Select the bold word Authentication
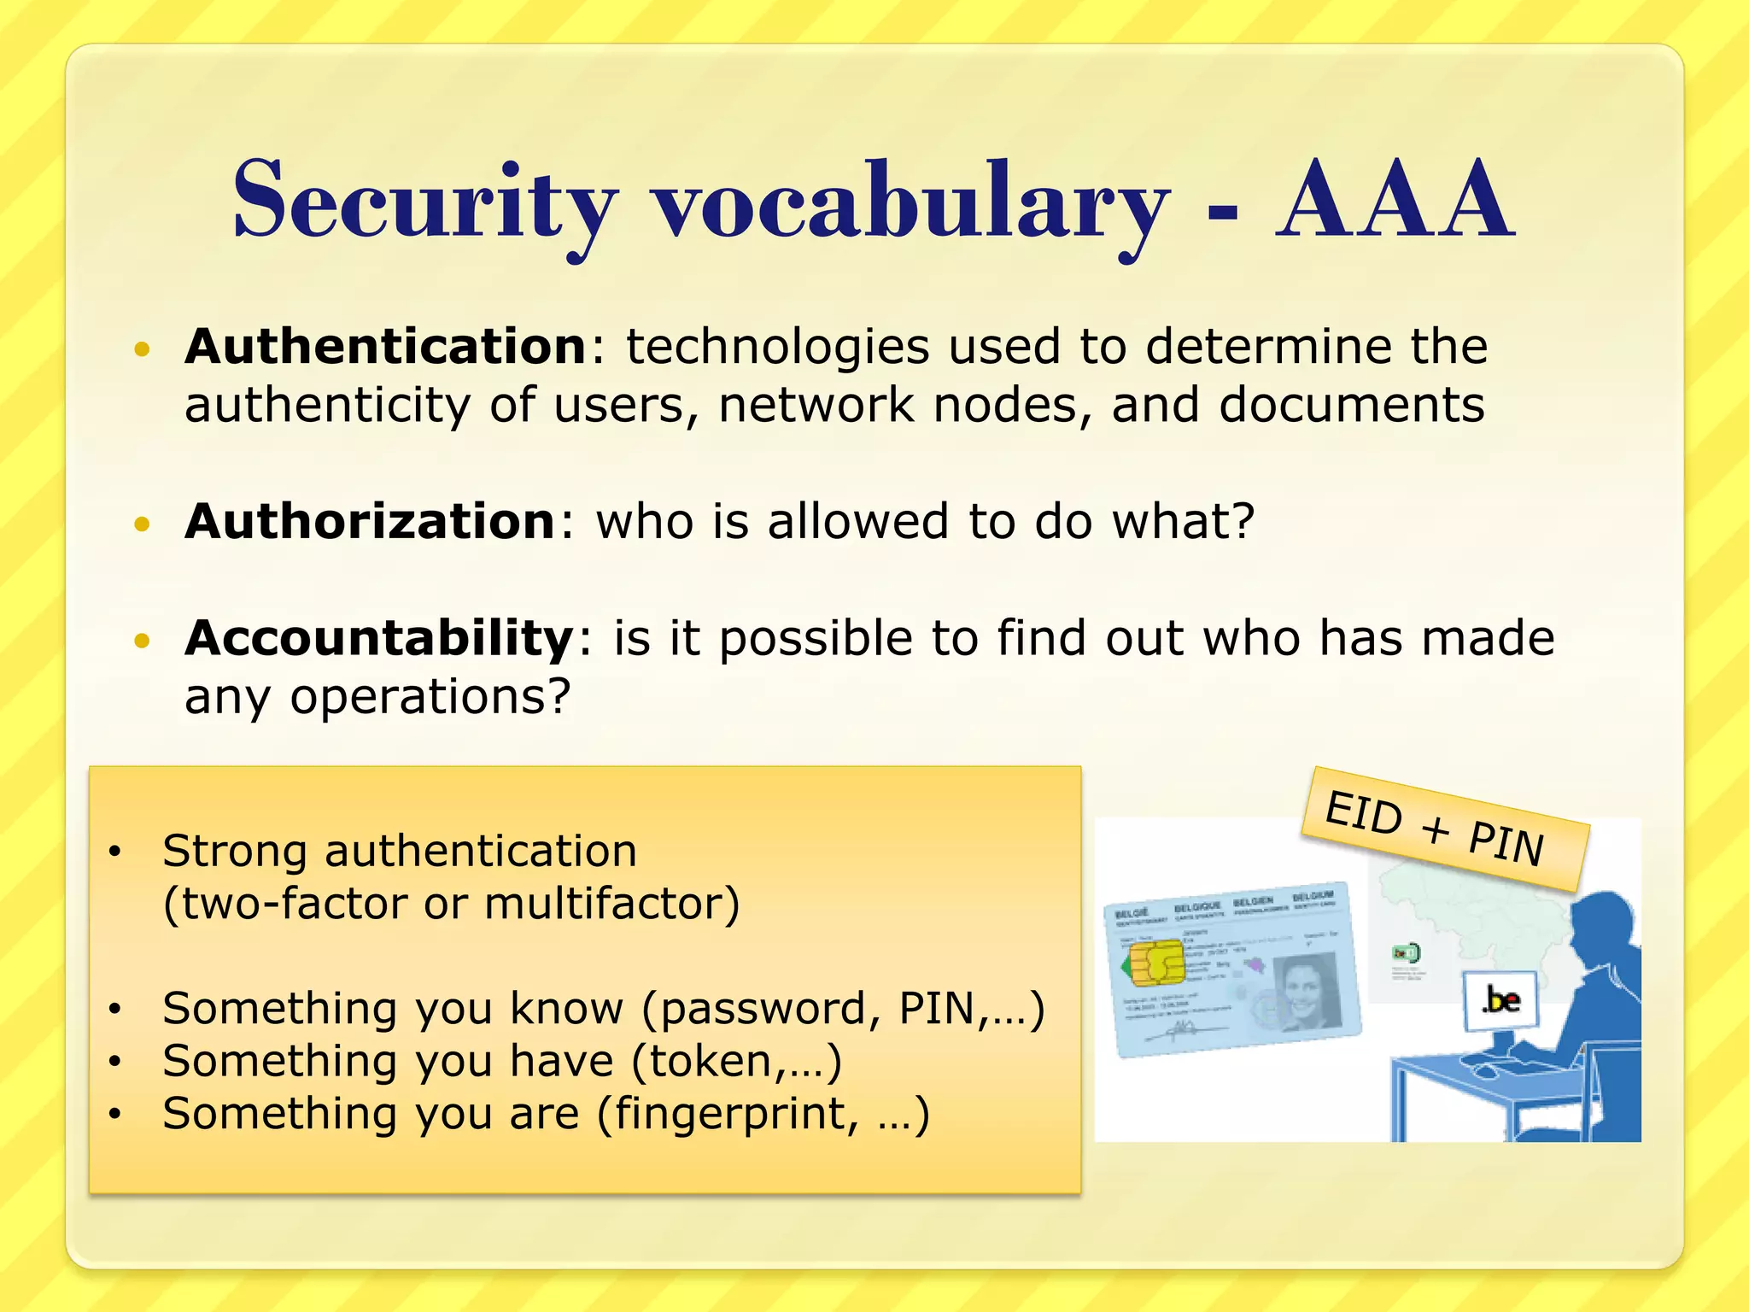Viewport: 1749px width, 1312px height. (x=385, y=347)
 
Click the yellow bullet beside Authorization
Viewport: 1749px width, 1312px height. (x=143, y=524)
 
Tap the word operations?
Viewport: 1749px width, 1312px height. (x=430, y=697)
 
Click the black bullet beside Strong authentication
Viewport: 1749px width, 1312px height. (x=115, y=852)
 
